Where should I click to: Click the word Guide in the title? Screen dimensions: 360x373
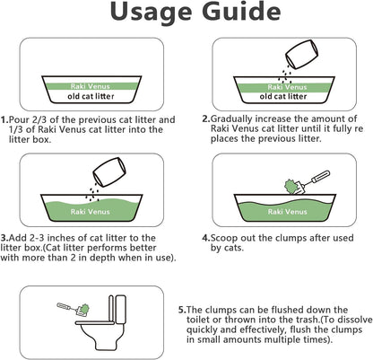pos(232,15)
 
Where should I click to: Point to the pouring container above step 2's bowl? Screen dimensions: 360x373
pos(297,53)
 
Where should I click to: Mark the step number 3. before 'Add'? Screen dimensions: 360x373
pos(6,237)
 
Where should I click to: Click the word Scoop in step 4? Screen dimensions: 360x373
pos(228,238)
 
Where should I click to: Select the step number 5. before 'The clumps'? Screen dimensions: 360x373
pos(183,307)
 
